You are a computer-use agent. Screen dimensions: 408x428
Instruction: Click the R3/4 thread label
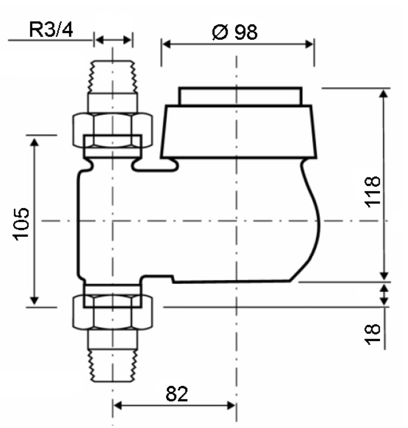click(51, 29)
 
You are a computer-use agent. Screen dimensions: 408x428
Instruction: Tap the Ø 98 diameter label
click(235, 32)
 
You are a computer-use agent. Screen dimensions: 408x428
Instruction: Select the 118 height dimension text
click(372, 192)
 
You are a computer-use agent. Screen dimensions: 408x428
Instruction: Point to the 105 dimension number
click(21, 224)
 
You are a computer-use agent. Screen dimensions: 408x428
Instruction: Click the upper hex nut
click(113, 130)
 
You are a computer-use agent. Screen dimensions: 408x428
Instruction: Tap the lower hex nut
click(113, 312)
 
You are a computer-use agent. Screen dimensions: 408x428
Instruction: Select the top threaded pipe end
click(113, 76)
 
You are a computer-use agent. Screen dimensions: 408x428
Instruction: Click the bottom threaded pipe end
click(113, 366)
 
